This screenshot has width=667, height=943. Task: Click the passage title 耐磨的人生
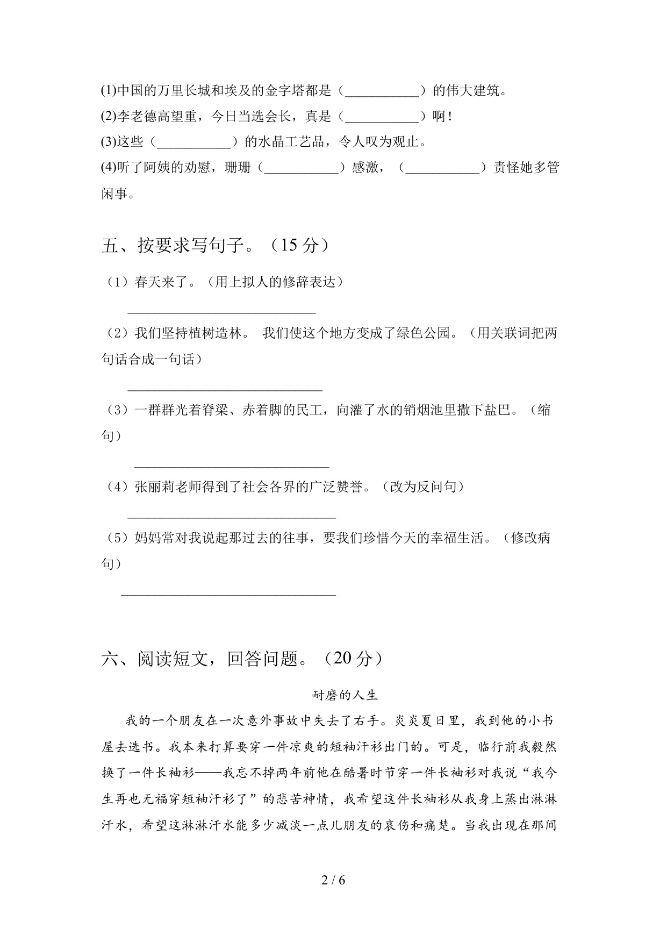(345, 695)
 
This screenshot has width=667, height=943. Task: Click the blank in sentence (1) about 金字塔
(382, 91)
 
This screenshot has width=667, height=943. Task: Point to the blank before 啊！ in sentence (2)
(382, 117)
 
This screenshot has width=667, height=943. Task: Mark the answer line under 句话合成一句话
(225, 388)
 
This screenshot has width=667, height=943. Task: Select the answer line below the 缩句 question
(231, 466)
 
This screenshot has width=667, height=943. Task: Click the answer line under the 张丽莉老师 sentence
(231, 516)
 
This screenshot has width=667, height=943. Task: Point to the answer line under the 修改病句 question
(228, 594)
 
